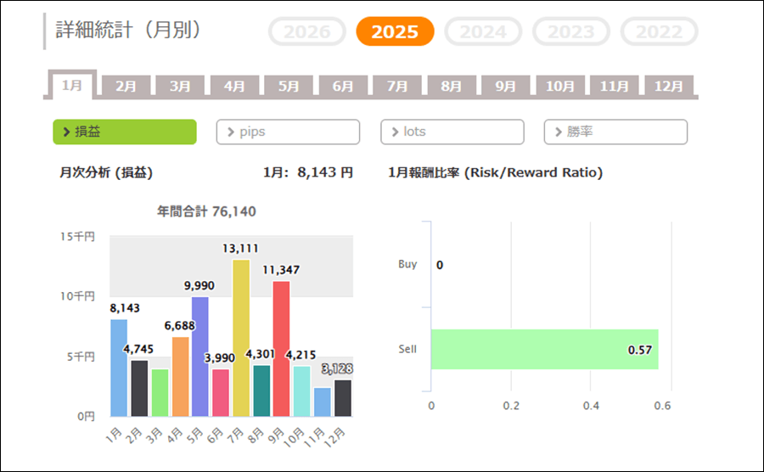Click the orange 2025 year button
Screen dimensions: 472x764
(x=395, y=31)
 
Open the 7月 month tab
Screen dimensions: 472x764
(x=397, y=86)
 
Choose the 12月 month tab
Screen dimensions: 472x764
(x=669, y=86)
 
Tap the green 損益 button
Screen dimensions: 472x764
(x=125, y=132)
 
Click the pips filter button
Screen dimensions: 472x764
(x=288, y=132)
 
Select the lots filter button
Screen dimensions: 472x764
(x=452, y=132)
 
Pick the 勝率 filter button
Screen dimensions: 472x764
(x=615, y=132)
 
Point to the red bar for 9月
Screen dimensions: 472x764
(x=282, y=348)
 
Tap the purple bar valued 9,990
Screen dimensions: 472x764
(x=200, y=357)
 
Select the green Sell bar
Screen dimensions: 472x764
(x=544, y=349)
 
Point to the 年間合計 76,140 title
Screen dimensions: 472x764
(x=206, y=211)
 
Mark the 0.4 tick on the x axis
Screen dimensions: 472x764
(x=591, y=406)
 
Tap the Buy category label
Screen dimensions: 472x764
(x=407, y=264)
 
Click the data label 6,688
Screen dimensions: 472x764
(x=179, y=326)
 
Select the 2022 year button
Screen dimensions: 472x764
(x=660, y=31)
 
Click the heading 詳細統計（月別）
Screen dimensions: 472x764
(x=128, y=31)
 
